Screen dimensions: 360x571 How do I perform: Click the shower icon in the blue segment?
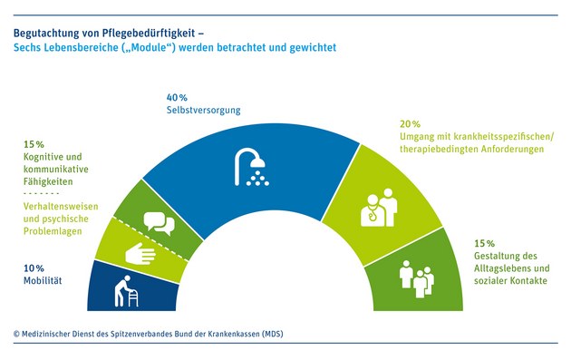click(251, 168)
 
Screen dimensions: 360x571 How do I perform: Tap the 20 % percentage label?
click(411, 123)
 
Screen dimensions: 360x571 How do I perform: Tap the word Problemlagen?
click(45, 231)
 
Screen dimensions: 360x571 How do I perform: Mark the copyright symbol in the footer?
click(16, 334)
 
